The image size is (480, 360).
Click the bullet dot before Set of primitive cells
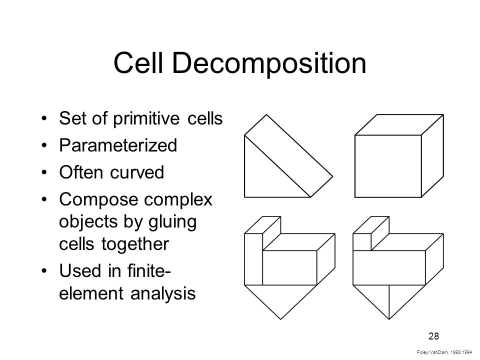(46, 119)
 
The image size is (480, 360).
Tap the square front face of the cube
(387, 165)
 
